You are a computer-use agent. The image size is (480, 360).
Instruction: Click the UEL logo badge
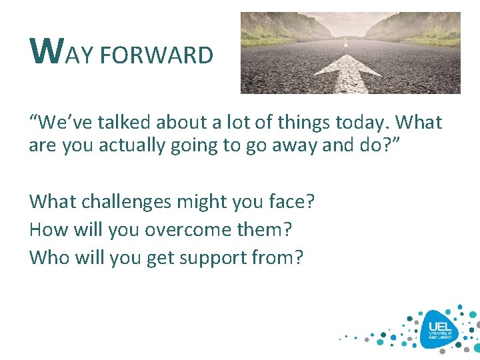(x=439, y=328)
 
